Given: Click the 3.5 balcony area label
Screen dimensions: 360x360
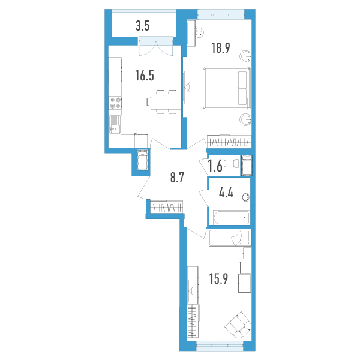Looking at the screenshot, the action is pos(142,26).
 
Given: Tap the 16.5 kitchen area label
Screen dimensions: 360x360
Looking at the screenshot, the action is pos(145,76).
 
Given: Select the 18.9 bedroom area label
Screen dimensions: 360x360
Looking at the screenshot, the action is pos(221,48).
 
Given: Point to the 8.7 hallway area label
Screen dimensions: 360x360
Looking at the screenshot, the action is pos(178,178).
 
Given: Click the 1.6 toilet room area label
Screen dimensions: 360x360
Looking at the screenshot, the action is pos(215,166).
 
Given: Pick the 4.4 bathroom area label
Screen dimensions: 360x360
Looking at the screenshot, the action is pos(226,193).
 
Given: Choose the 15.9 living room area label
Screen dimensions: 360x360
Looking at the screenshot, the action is pos(218,279).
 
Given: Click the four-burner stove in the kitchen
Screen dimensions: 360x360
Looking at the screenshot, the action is pos(115,103).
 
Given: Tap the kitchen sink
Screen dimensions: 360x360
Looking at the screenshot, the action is pos(115,124).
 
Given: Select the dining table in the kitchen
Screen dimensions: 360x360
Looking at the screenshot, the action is pos(164,101).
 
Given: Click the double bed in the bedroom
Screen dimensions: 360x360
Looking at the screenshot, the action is pos(227,88).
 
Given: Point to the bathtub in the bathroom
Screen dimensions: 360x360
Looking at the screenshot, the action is pos(231,218).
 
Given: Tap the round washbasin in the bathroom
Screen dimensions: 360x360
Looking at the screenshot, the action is pos(246,197).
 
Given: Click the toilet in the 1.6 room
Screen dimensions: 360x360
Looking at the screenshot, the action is pos(231,164).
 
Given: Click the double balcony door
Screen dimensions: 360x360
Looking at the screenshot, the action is pos(156,46).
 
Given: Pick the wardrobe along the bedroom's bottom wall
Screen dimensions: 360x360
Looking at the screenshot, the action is pos(229,142).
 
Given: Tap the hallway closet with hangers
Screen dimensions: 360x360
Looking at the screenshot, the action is pos(167,206).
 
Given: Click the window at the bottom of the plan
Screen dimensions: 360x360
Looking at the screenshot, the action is pos(220,345).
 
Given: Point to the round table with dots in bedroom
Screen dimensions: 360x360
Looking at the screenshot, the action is pos(200,32).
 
